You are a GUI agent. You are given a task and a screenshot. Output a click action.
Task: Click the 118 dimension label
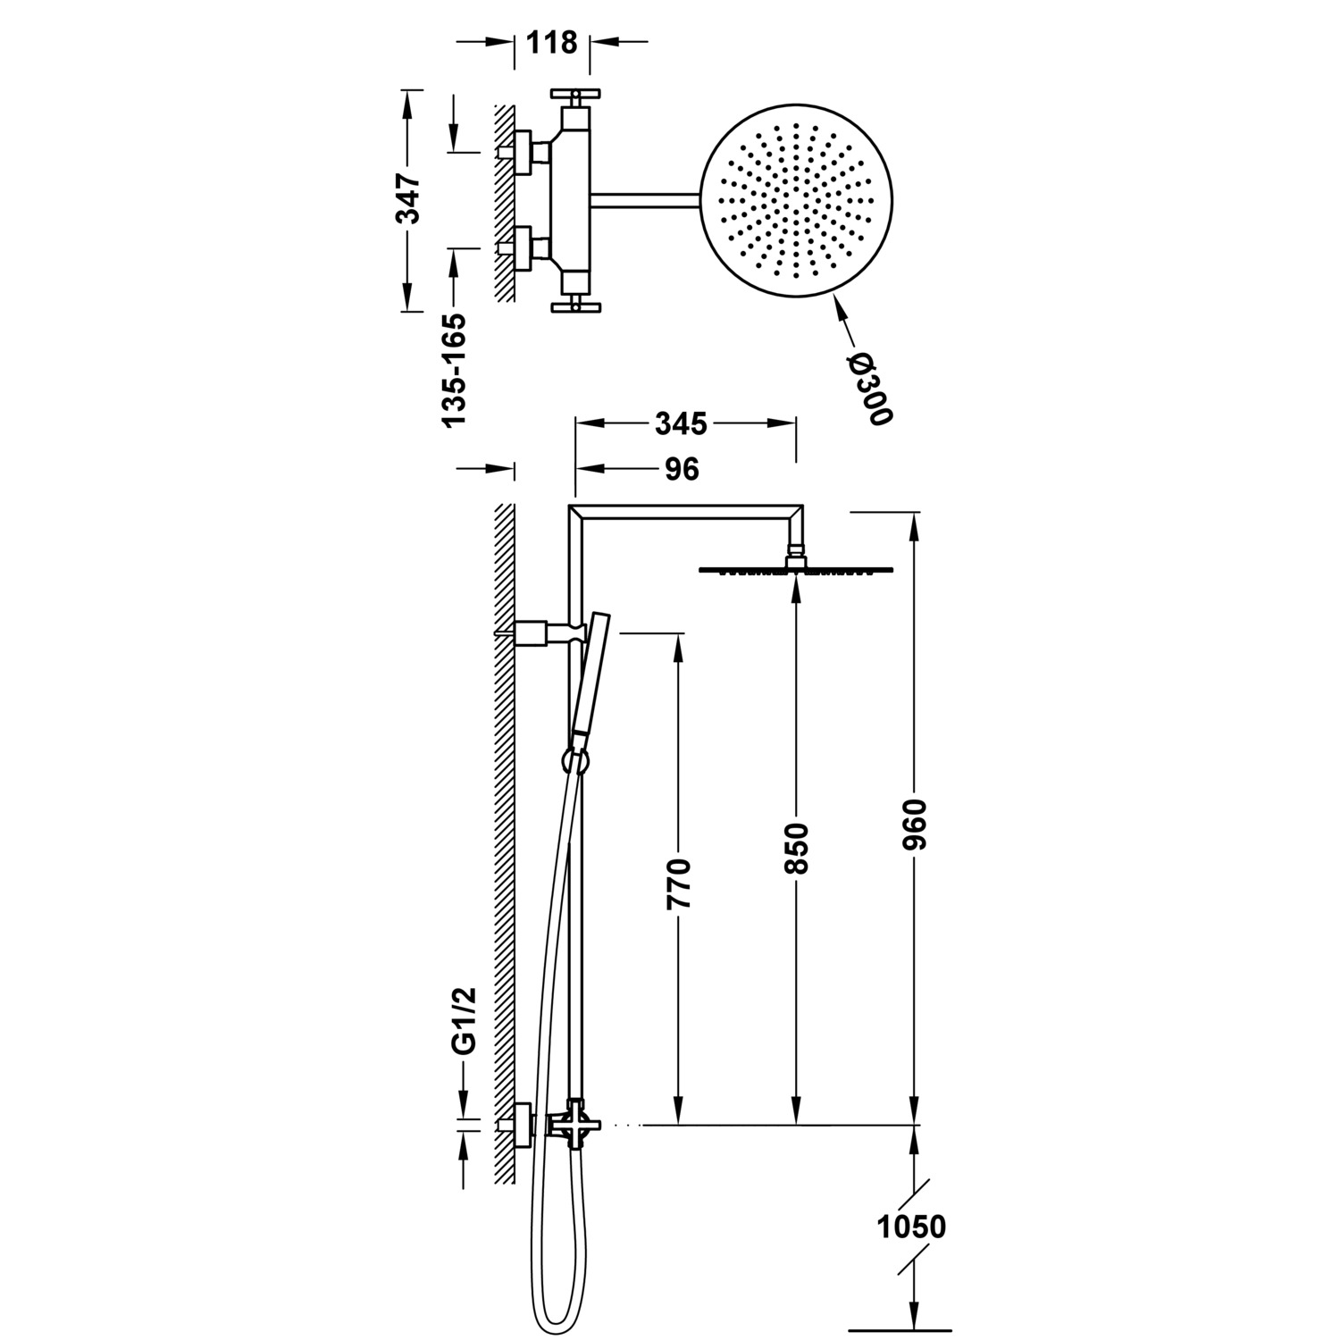click(552, 42)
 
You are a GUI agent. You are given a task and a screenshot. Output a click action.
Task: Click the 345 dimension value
click(681, 423)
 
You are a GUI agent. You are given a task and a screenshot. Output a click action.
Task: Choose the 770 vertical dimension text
click(680, 884)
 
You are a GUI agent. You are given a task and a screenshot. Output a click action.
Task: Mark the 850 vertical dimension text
click(796, 850)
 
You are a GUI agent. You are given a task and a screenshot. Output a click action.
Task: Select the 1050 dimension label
click(910, 1227)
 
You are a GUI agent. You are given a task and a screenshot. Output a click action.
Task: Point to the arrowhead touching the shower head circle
click(841, 311)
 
